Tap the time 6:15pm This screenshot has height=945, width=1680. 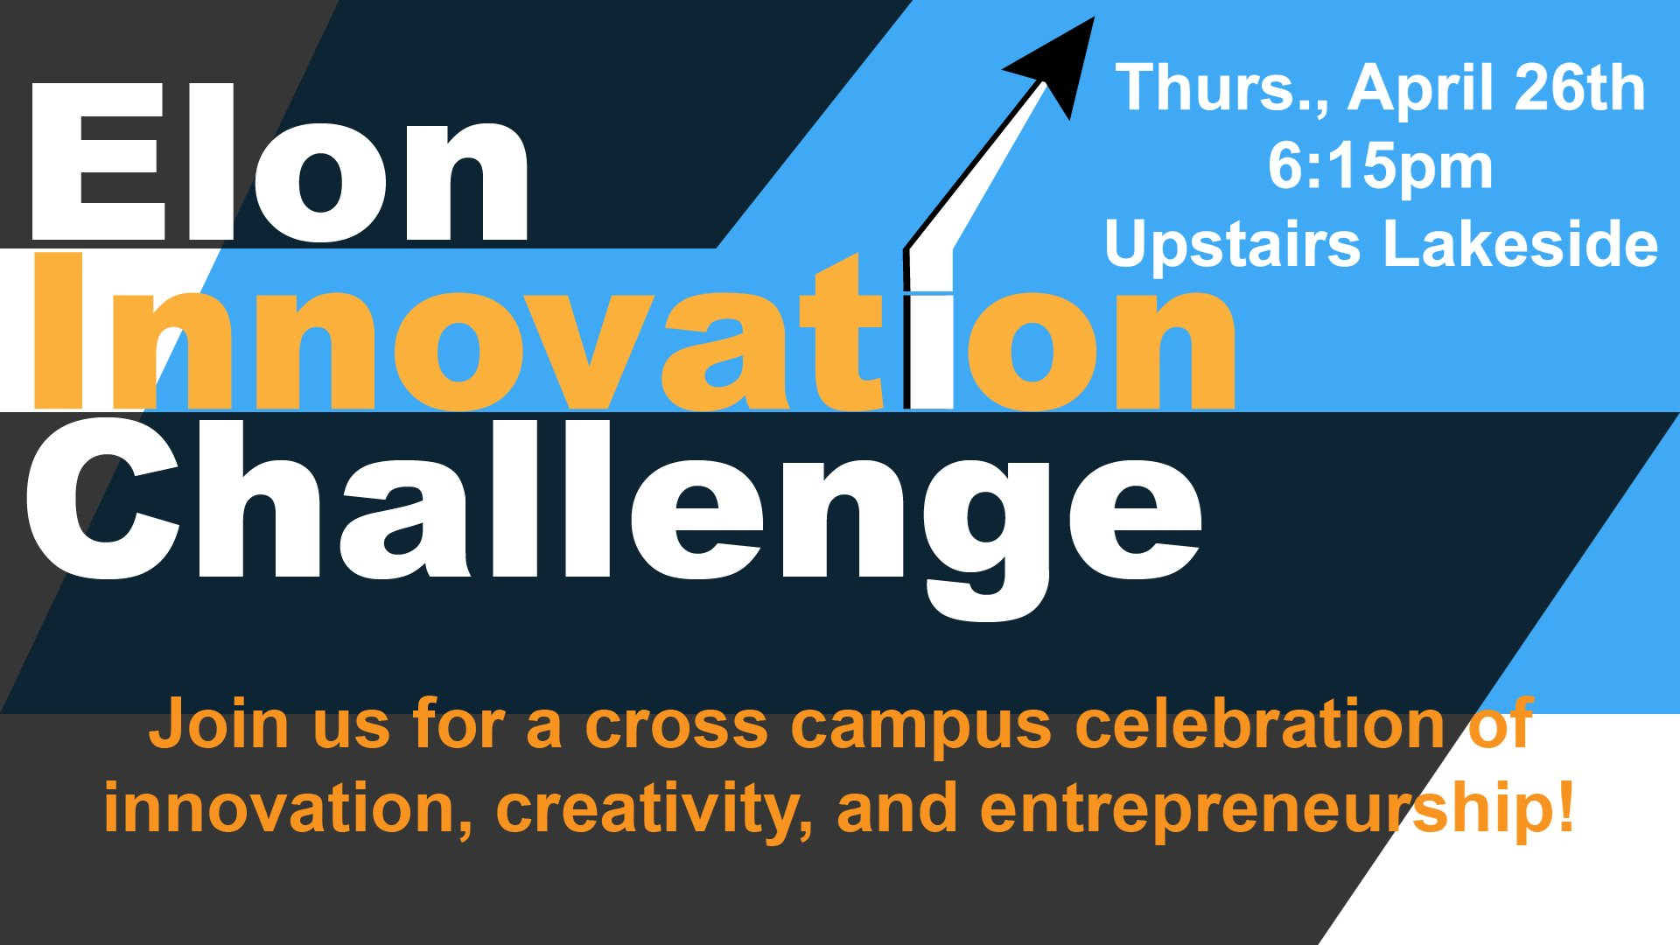pos(1380,166)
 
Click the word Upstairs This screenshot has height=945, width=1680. pos(1232,245)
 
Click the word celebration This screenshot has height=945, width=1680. pos(1260,724)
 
